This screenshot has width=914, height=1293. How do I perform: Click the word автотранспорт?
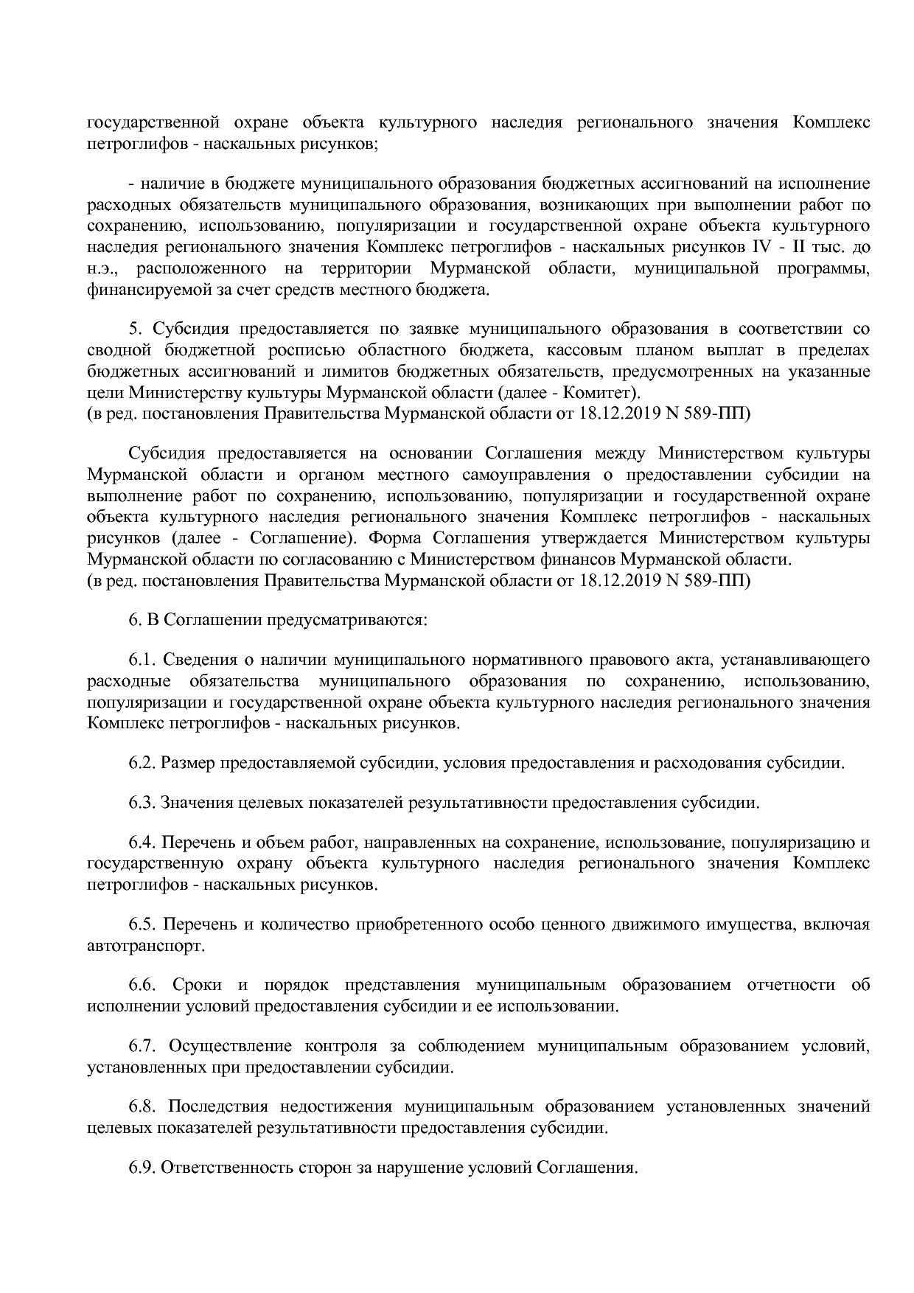click(144, 945)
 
